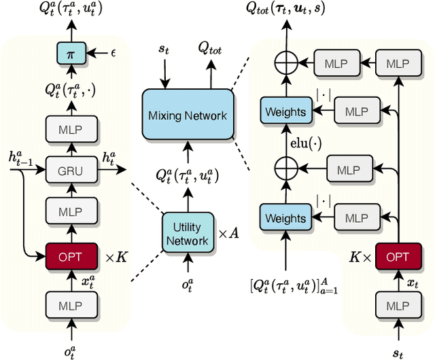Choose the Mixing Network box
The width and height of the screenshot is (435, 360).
coord(188,115)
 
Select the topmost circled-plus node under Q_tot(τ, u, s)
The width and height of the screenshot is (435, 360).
coord(285,63)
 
